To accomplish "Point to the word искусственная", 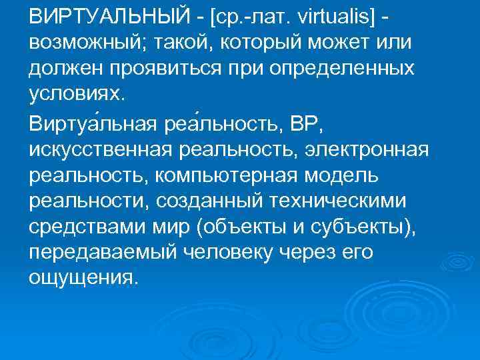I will click(100, 150).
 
